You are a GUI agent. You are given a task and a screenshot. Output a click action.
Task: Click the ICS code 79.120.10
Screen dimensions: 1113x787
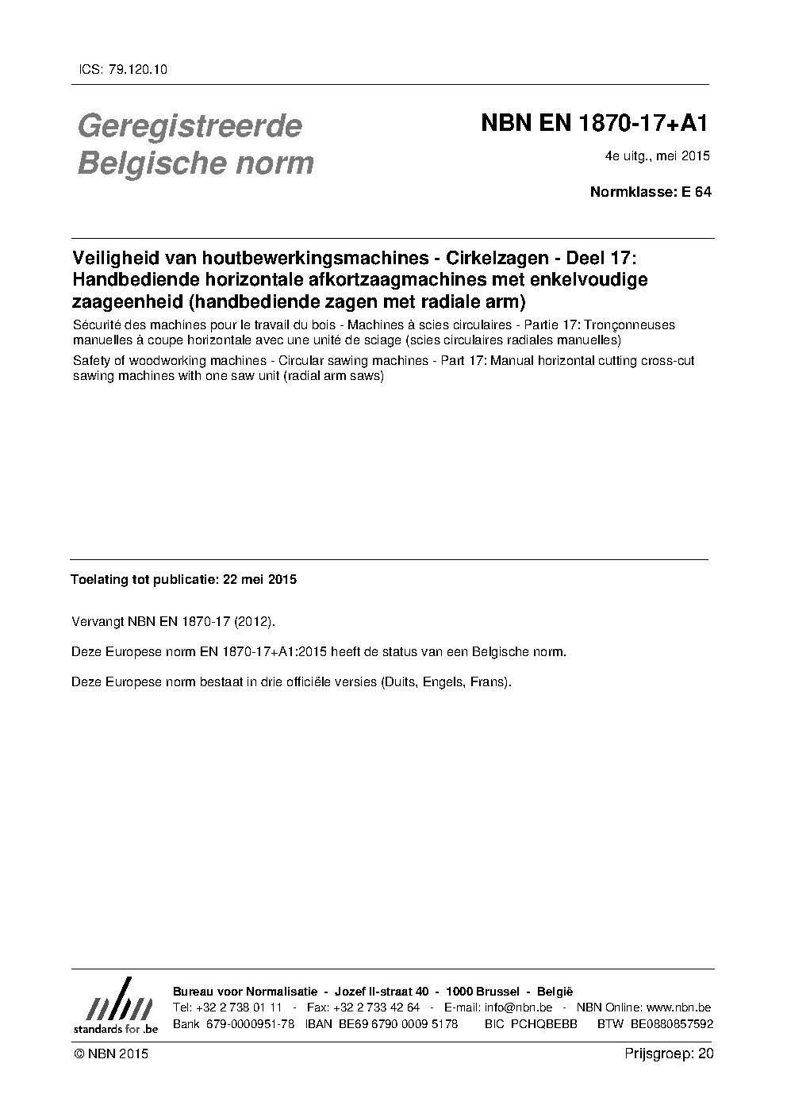(x=135, y=70)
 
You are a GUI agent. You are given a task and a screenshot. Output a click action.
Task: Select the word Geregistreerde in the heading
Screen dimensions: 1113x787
(x=190, y=126)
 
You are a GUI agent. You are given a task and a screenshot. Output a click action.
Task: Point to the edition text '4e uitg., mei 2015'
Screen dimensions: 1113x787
(x=657, y=156)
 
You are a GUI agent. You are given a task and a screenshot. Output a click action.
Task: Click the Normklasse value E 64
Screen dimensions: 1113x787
(x=697, y=192)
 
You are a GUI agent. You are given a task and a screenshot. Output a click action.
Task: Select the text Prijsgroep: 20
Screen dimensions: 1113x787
(x=669, y=1054)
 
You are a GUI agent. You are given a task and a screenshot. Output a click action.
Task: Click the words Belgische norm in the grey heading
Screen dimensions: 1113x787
(x=195, y=163)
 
